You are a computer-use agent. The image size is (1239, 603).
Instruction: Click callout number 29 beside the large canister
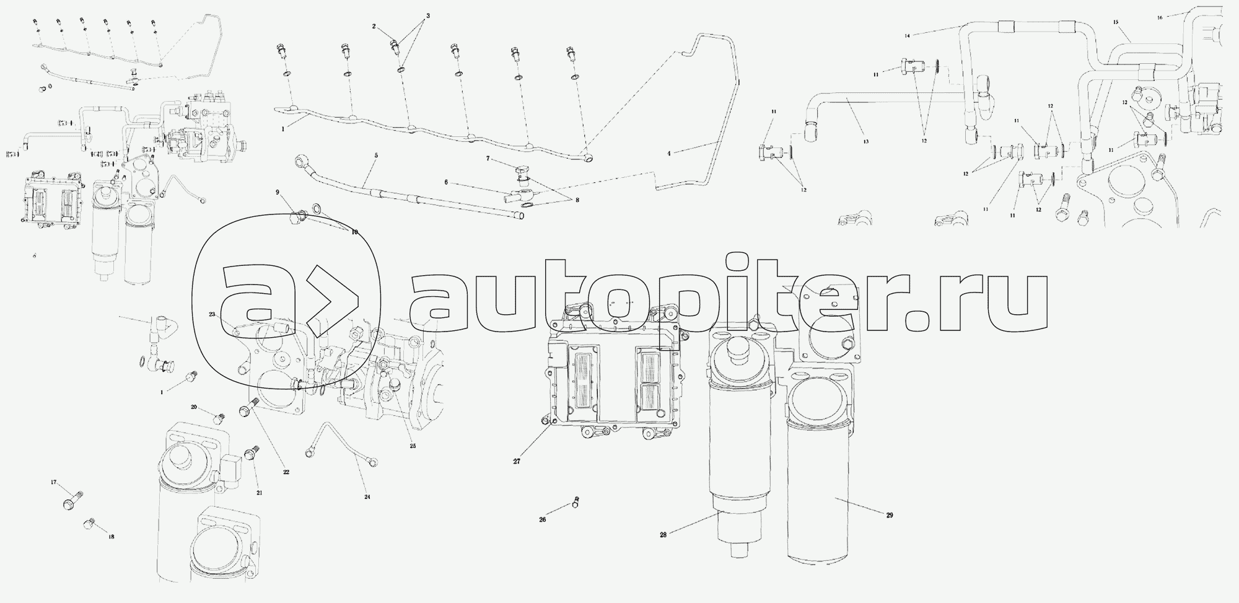(890, 516)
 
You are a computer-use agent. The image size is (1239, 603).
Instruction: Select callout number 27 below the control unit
(517, 461)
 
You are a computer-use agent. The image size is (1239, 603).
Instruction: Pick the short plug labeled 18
(88, 526)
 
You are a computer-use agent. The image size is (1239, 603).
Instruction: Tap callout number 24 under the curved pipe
(367, 496)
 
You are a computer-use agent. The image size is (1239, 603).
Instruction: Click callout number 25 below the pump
(413, 446)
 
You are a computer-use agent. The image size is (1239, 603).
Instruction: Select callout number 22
(286, 472)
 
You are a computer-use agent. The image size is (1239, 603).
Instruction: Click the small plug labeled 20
(217, 418)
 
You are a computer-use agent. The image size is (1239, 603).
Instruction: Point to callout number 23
(212, 315)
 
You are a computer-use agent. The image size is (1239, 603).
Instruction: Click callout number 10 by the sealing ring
(354, 232)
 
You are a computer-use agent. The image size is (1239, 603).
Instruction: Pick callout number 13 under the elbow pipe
(865, 142)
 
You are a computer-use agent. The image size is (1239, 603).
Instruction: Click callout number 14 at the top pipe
(907, 35)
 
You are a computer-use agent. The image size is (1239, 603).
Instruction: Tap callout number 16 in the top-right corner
(1160, 17)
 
